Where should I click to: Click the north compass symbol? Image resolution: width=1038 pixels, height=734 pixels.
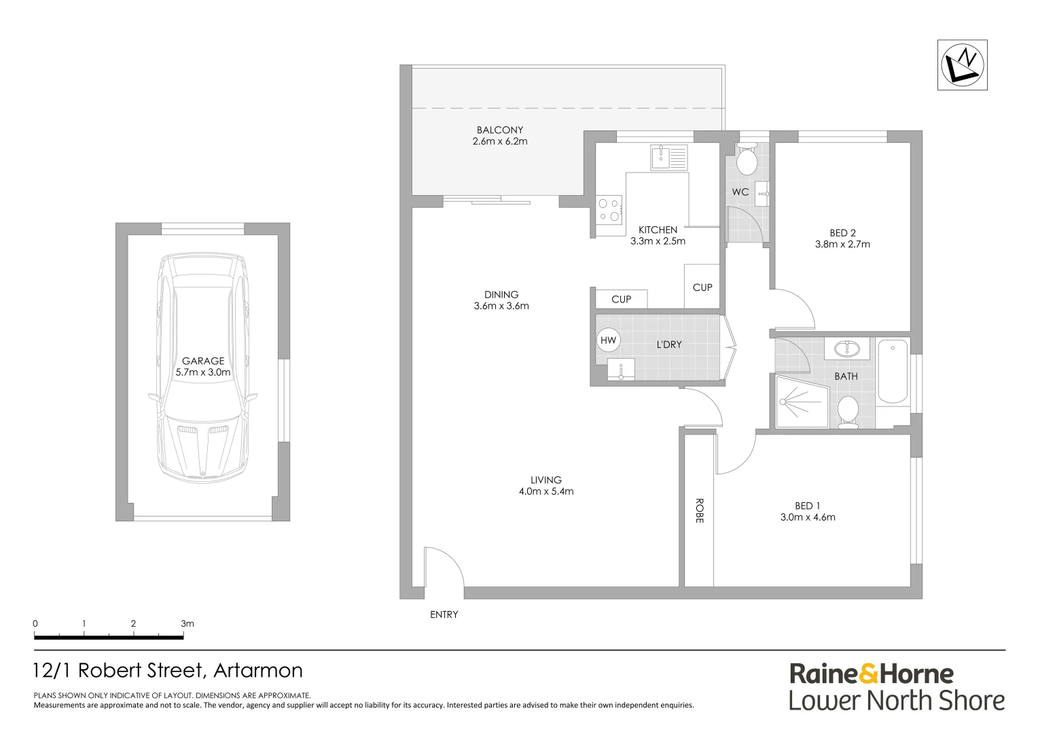click(962, 65)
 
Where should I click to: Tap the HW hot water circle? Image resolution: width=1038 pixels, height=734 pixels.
click(607, 340)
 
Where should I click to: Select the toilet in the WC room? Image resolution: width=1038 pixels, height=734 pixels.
click(747, 161)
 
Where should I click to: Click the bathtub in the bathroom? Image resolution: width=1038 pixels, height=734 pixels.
click(893, 372)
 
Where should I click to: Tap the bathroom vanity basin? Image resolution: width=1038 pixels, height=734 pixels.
click(846, 349)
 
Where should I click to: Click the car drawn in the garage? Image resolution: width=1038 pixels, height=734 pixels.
click(202, 367)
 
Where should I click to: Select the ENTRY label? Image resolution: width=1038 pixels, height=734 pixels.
click(444, 614)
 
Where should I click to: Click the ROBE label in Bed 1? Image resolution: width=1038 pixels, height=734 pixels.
click(698, 510)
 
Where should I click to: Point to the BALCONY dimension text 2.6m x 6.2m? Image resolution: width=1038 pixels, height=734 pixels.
click(500, 141)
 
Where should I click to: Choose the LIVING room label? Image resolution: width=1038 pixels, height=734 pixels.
click(546, 480)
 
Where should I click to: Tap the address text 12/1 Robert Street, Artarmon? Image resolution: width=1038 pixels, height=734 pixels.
click(168, 671)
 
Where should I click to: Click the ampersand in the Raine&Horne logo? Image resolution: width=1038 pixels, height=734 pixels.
click(868, 674)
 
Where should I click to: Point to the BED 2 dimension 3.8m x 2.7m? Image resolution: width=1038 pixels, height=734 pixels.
click(842, 244)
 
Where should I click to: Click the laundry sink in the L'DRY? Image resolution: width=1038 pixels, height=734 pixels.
click(621, 371)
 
